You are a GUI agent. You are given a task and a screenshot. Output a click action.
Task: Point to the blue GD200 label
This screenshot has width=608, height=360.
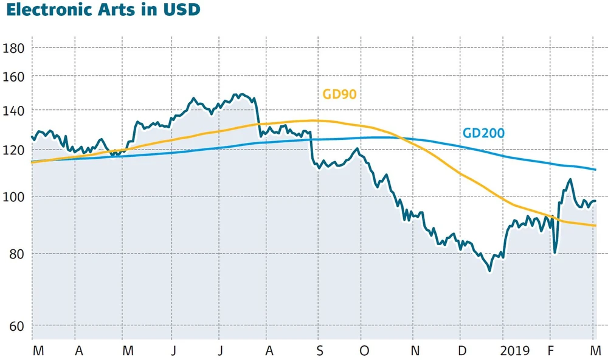point(483,133)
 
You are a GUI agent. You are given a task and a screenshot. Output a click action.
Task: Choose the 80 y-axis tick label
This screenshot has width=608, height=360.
point(15,253)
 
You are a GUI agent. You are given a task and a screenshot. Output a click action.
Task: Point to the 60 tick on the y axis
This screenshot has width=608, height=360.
point(15,326)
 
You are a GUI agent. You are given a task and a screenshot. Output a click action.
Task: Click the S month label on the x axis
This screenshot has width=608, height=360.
point(320,351)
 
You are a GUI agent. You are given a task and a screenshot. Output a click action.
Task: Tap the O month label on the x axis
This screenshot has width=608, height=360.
point(364,351)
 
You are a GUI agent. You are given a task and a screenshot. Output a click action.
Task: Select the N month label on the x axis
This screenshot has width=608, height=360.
point(415,351)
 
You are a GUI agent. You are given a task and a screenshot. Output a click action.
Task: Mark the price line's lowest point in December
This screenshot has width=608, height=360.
point(489,271)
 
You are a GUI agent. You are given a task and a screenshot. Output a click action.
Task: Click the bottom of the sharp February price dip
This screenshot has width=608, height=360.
point(554,252)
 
